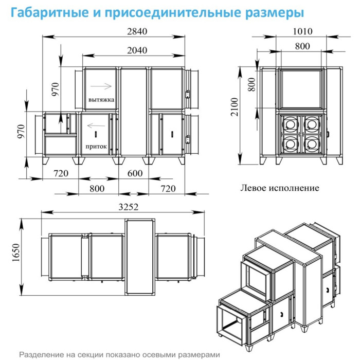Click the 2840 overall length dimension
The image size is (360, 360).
pos(137,31)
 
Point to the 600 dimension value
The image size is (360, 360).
pos(134,173)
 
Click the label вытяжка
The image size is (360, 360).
pos(101,99)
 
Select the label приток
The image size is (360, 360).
pos(97,147)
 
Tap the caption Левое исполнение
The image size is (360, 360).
pos(279,188)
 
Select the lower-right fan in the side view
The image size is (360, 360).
pos(312,142)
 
